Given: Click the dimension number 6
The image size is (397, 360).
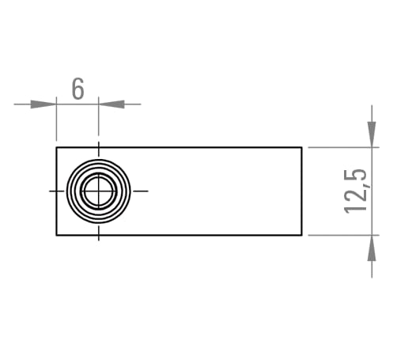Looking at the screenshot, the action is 78,89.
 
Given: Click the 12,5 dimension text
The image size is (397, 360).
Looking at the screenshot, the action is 356,191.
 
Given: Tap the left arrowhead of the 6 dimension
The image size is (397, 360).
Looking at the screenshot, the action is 43,104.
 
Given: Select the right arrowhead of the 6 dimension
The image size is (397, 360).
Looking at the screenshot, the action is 112,104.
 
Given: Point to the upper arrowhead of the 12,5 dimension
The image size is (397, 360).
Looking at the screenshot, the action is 372,135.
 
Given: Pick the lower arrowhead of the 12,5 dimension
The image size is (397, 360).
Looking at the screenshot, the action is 372,248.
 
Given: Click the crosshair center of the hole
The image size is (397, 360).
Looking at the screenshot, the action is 99,191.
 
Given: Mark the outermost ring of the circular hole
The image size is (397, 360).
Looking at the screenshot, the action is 99,159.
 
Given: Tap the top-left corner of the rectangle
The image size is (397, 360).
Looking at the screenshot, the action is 56,147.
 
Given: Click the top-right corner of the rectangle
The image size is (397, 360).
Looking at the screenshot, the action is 302,147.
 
